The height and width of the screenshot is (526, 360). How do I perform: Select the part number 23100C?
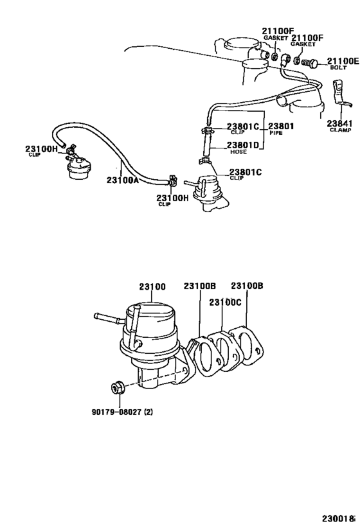point(223,301)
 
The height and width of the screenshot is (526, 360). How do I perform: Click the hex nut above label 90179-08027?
point(117,389)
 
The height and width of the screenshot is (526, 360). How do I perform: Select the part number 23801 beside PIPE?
point(281,126)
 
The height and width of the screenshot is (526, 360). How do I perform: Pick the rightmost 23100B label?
point(246,286)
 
